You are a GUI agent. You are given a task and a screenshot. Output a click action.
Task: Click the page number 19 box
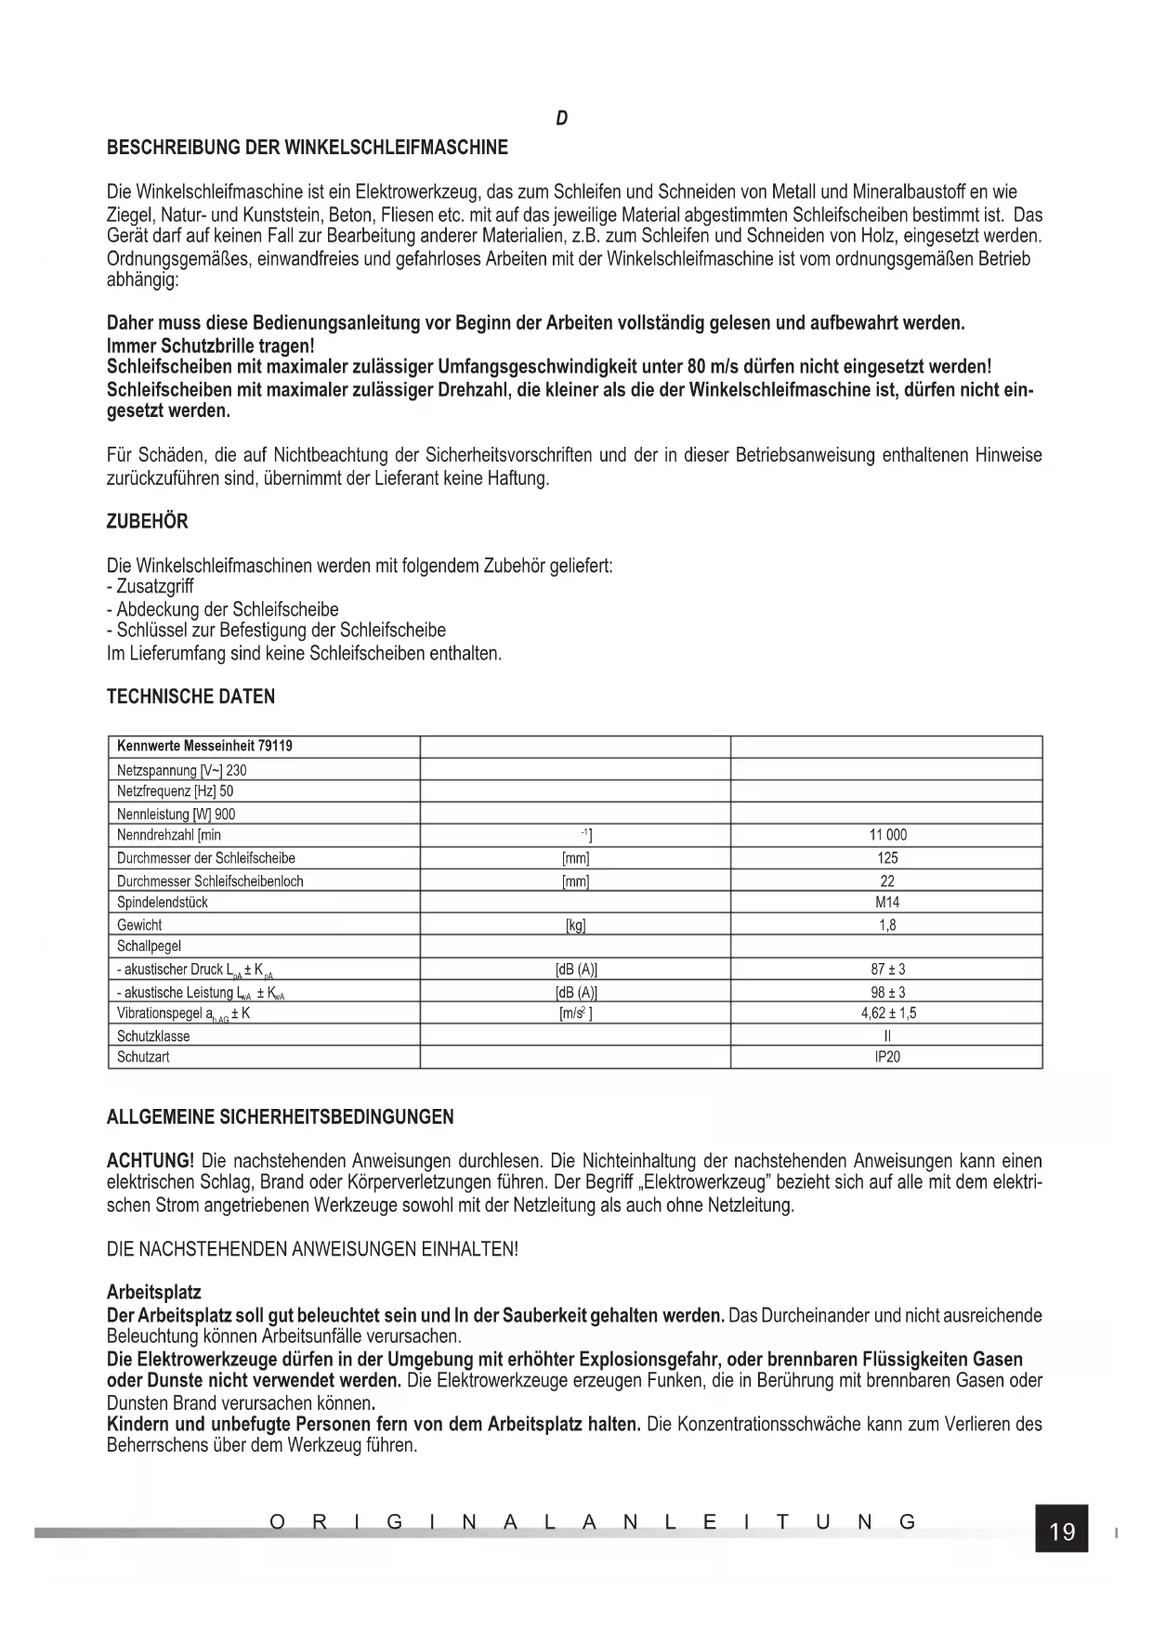coord(1061,1531)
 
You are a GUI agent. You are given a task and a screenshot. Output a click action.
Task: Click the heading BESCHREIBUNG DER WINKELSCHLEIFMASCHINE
coord(308,148)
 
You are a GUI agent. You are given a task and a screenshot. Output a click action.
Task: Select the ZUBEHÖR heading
coord(148,522)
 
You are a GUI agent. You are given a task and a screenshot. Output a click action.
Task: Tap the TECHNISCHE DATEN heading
coord(190,697)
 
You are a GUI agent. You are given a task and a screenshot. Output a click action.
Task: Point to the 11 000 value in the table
coord(887,835)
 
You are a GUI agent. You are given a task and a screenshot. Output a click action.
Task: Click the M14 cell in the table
coord(887,902)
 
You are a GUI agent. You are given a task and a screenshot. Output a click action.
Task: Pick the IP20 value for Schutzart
coord(887,1057)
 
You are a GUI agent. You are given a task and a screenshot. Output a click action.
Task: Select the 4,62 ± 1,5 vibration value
coord(887,1013)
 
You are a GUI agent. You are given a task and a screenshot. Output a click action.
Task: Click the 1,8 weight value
coord(887,925)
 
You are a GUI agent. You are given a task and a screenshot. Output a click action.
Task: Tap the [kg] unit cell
coord(576,925)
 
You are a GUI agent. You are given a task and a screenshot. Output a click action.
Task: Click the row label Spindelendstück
coord(163,902)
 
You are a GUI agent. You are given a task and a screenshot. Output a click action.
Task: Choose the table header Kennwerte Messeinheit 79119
coord(204,746)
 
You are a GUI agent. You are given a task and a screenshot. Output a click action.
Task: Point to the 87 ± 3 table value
coord(887,970)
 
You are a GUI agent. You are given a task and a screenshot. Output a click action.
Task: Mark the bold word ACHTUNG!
coord(151,1161)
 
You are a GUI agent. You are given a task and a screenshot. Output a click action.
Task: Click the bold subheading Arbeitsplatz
coord(154,1293)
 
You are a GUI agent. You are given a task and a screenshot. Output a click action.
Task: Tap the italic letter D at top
coord(562,119)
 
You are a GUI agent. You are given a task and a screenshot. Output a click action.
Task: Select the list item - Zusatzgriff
coord(151,587)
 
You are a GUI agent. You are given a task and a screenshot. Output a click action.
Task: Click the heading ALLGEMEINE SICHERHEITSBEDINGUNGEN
coord(281,1117)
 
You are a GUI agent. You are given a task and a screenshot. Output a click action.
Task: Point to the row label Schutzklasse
coord(153,1036)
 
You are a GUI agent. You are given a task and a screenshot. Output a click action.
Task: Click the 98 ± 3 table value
coord(887,992)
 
